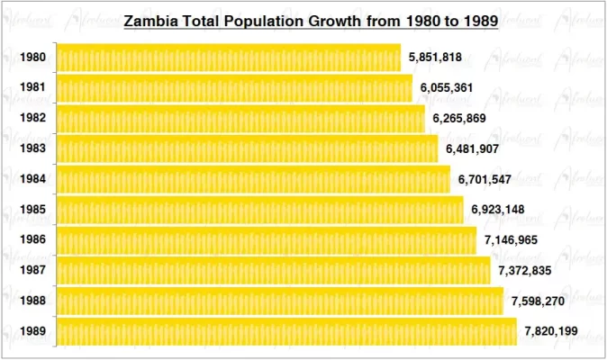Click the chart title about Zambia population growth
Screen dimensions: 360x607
311,21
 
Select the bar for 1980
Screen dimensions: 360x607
229,58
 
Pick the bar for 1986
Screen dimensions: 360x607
267,240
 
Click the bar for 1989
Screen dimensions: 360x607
286,331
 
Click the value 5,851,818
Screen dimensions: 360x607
435,58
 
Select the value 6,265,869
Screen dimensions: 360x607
459,119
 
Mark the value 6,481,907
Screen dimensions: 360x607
472,148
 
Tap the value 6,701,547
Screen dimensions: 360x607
485,179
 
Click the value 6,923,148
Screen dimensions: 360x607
497,210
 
